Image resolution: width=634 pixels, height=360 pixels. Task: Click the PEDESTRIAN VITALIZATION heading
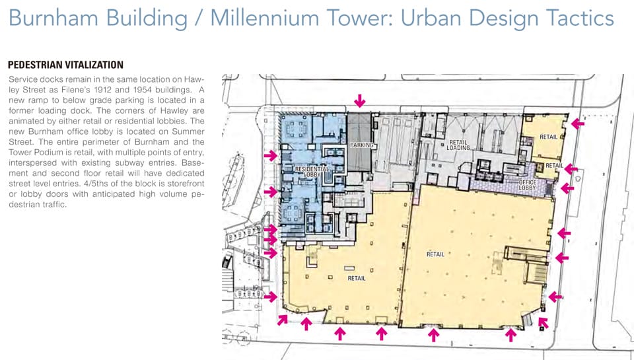point(65,65)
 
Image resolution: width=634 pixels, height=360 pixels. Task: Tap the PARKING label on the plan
point(361,145)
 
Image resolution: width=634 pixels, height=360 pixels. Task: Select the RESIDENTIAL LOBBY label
point(312,172)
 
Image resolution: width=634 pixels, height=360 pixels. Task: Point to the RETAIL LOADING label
point(458,145)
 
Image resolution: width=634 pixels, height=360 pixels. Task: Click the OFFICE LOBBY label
point(527,185)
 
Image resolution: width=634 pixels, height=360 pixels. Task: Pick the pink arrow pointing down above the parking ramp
point(359,100)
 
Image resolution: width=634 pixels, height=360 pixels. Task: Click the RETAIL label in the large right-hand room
point(435,254)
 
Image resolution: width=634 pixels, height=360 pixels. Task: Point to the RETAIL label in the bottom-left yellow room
point(356,278)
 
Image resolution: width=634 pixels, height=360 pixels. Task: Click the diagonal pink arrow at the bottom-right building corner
point(544,322)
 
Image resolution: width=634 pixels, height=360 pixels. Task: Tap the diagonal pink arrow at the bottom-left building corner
point(282,320)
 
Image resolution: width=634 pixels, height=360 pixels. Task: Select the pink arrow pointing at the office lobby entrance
point(567,188)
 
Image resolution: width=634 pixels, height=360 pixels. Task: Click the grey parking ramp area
point(359,141)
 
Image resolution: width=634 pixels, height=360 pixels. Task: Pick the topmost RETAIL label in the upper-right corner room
point(548,137)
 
